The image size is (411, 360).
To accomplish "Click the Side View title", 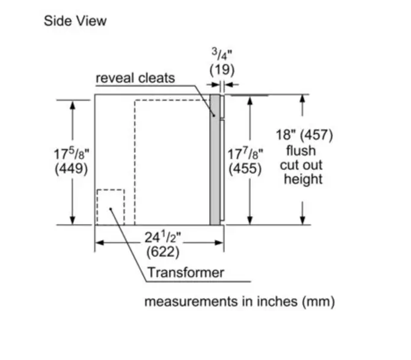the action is pos(75,21).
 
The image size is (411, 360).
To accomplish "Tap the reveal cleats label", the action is pos(135,78).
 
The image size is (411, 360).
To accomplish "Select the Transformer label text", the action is pos(186,272).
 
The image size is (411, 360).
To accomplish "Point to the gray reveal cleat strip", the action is pos(214,160).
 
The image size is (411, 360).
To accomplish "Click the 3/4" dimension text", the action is pos(222,54).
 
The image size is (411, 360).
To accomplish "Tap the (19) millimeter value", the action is pos(222,70).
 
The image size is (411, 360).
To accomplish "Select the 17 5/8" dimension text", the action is pos(71,154).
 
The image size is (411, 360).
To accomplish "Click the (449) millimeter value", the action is pos(71,168).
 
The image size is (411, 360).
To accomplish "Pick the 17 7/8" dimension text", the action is pos(245,154).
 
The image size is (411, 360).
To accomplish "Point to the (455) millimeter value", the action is pos(245,168).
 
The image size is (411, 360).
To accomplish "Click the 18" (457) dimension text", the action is pos(304,135).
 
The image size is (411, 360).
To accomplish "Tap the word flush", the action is pos(301,151).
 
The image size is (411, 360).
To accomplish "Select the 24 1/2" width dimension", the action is pos(163,237).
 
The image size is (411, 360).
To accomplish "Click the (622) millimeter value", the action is pos(163,252).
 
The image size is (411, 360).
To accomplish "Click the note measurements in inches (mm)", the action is pos(239,302).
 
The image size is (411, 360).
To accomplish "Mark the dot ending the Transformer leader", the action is pos(111,209).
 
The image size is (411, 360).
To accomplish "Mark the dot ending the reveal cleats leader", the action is pos(214,116).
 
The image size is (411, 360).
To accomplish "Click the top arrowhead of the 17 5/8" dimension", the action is pos(73,105).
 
